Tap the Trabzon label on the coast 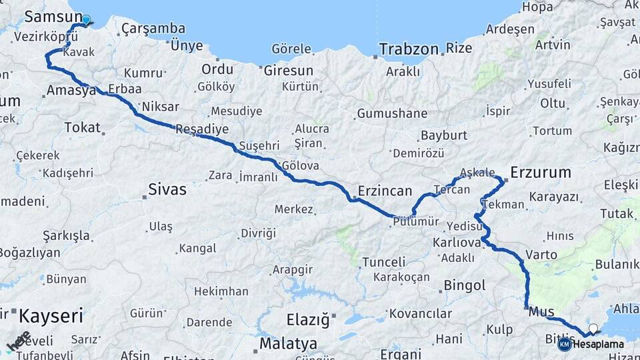(x=409, y=49)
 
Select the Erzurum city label (x=541, y=173)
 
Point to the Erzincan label (x=385, y=191)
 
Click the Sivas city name (x=164, y=189)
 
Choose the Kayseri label (x=51, y=315)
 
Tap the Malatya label (x=288, y=344)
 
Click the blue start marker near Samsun (x=86, y=20)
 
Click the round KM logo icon (x=564, y=344)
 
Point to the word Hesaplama (x=599, y=344)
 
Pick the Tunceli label (x=383, y=262)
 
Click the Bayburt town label (x=443, y=135)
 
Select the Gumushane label (x=392, y=113)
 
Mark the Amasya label (x=71, y=90)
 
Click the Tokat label (x=82, y=127)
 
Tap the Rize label (x=459, y=48)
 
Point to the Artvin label (x=553, y=45)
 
